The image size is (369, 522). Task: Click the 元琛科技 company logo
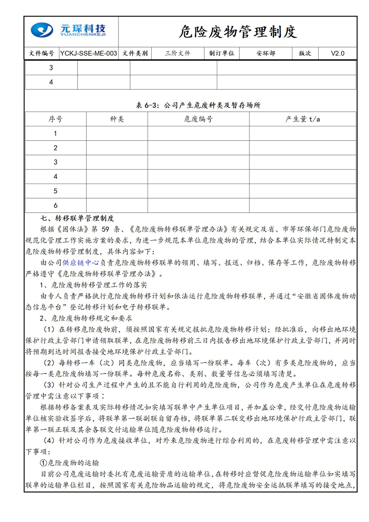tap(68, 31)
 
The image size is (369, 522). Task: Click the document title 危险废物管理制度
tap(238, 32)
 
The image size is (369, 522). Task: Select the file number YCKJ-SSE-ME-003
tap(89, 53)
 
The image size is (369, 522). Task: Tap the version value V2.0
tap(338, 53)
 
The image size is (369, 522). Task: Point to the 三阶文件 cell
tap(178, 53)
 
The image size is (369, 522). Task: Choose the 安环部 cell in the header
tap(266, 53)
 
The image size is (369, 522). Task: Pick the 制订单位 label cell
tap(222, 53)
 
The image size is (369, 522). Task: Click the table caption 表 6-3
tap(198, 105)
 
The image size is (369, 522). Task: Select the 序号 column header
tap(55, 119)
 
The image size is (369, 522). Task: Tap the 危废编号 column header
tap(198, 119)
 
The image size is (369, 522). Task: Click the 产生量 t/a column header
tap(303, 119)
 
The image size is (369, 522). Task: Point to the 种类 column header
tap(117, 119)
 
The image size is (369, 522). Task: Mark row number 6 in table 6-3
tap(55, 205)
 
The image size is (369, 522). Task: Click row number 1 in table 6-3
tap(55, 134)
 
